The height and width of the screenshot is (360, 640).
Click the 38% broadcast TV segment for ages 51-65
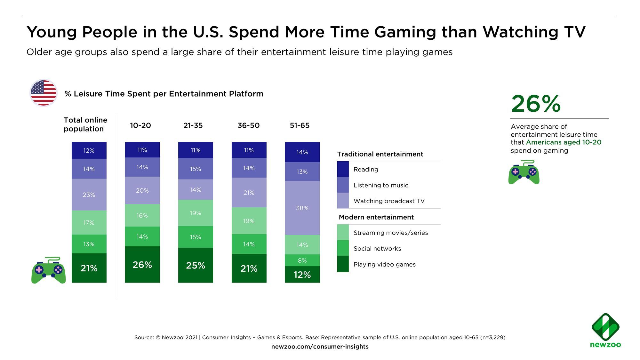click(302, 208)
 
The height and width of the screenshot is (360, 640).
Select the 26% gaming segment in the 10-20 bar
click(142, 265)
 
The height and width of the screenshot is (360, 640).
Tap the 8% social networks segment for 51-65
click(302, 260)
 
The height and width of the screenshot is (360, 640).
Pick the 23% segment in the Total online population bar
click(89, 195)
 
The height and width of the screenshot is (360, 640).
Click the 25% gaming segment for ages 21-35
click(196, 265)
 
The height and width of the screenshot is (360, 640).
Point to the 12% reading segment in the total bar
click(89, 150)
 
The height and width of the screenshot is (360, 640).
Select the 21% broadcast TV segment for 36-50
click(249, 193)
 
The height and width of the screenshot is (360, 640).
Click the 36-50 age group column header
click(249, 125)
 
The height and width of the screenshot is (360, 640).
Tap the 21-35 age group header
click(193, 125)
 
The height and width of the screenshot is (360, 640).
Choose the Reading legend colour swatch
click(343, 169)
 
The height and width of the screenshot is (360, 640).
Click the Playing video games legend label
click(384, 264)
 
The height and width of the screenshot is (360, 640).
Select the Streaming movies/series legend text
click(390, 233)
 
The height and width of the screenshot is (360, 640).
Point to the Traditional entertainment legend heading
click(380, 154)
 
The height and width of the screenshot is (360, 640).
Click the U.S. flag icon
click(43, 93)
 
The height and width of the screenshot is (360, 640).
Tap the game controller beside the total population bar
click(48, 270)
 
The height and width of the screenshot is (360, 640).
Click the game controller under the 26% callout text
click(524, 172)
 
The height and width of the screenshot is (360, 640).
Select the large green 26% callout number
click(536, 104)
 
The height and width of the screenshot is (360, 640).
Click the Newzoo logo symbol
click(605, 327)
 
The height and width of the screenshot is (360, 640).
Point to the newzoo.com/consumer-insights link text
click(320, 347)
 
